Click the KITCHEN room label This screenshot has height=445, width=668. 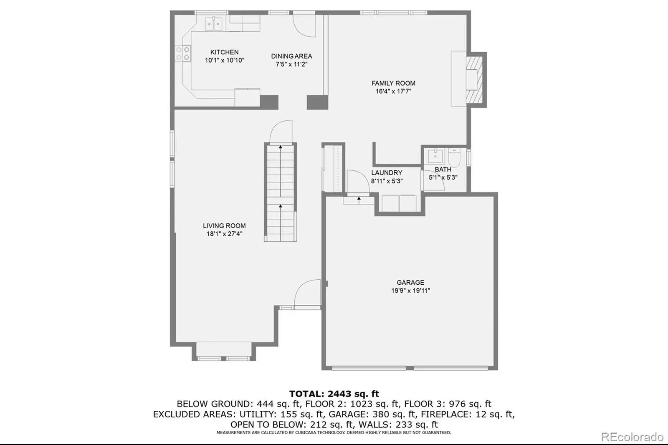coord(224,52)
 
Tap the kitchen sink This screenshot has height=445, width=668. coord(213,23)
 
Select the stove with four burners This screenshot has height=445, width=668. coord(183,53)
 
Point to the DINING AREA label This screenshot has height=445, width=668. coord(291,56)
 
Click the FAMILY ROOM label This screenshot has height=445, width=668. coord(393,83)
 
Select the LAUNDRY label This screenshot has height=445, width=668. coord(387,173)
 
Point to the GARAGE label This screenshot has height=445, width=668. coord(410,283)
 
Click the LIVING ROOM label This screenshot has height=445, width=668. coord(224,226)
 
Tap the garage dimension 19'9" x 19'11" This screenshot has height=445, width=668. coord(411,291)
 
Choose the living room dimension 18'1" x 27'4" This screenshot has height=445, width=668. coord(224,234)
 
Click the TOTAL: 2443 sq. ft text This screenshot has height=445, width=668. coord(334,394)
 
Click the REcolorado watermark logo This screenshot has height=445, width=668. coord(632,437)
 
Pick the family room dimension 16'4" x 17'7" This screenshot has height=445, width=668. coord(393,91)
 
